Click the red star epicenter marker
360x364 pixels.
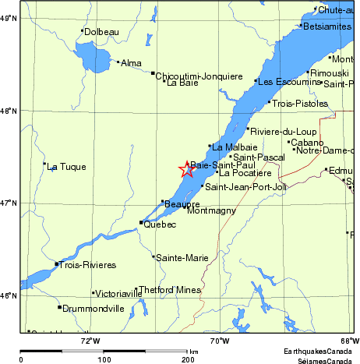tap(187, 169)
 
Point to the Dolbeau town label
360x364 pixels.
tap(101, 31)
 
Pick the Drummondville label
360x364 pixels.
tap(93, 309)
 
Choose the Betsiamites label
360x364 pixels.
tap(330, 27)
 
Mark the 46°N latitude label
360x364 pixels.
tap(9, 295)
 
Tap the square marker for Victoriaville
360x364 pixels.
tap(94, 293)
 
